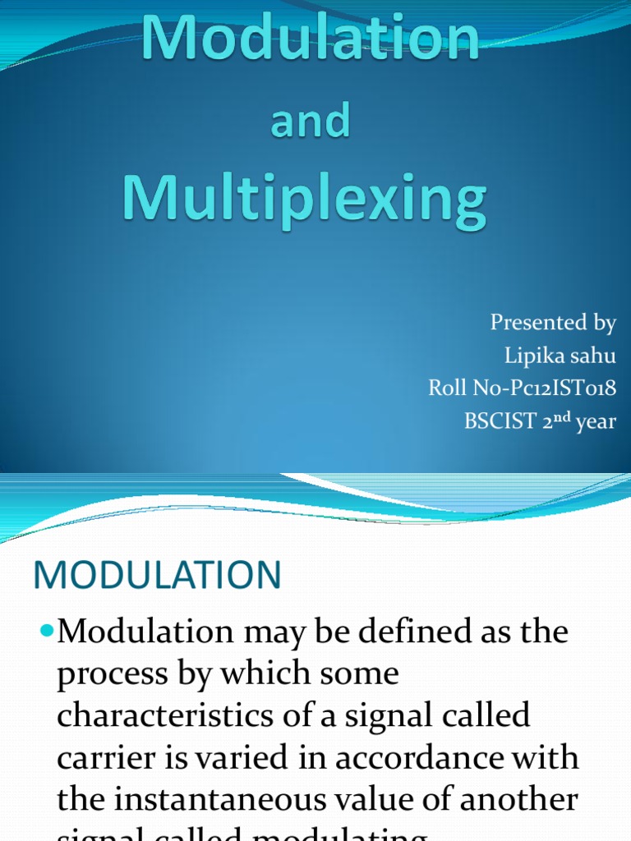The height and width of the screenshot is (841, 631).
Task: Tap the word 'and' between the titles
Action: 309,122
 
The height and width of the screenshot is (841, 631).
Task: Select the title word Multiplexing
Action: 305,201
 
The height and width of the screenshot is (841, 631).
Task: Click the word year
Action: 596,423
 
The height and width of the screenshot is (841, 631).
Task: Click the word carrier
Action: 99,758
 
